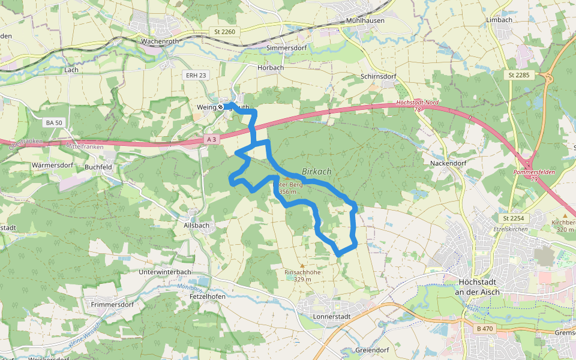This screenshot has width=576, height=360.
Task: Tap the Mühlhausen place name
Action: point(364,20)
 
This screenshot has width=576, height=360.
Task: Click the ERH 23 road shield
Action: point(196,75)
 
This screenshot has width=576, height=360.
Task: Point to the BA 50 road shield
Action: point(53,122)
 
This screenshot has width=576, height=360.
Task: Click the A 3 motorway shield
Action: point(211,139)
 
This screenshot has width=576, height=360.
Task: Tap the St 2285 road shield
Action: point(518,75)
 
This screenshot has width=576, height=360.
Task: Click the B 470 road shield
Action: point(485,329)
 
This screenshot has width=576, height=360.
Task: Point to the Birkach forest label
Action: point(316,172)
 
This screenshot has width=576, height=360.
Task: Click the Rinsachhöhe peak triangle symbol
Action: point(302,265)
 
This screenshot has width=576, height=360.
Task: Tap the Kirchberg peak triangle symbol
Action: point(565,215)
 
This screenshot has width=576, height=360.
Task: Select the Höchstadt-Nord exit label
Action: point(418,103)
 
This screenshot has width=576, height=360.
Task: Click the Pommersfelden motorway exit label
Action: point(534,172)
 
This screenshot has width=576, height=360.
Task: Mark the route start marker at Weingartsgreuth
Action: point(221,107)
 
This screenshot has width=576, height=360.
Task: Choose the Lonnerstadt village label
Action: point(331,316)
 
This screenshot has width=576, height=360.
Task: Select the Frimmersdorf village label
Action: point(112,305)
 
